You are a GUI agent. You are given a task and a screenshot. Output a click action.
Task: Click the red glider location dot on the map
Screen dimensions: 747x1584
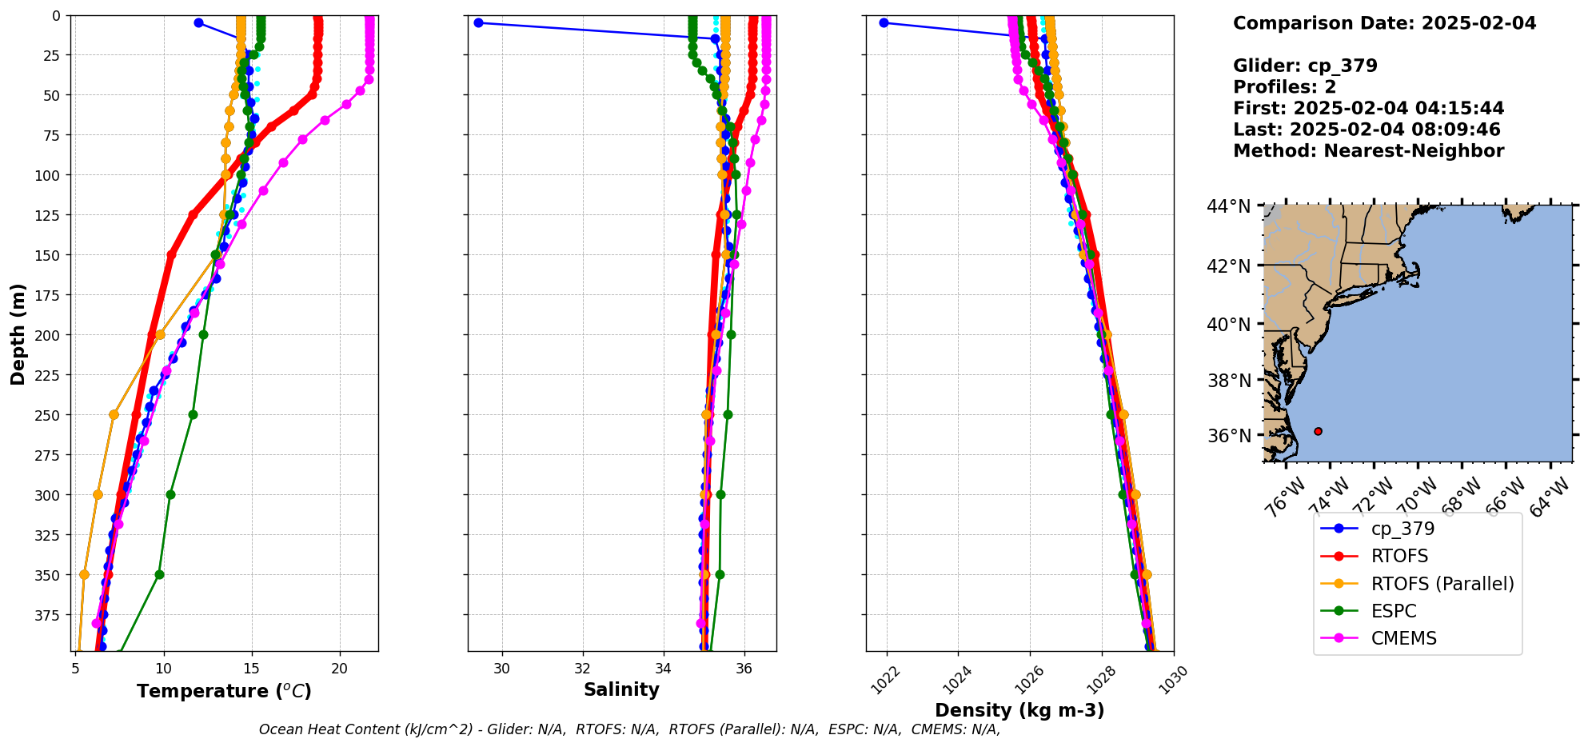pyautogui.click(x=1318, y=431)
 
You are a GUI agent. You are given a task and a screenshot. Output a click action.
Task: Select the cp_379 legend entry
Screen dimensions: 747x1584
pyautogui.click(x=1402, y=529)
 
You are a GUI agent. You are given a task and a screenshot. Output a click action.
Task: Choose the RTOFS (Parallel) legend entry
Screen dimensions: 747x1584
pyautogui.click(x=1442, y=584)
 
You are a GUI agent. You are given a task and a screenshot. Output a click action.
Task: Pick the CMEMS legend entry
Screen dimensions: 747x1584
pyautogui.click(x=1403, y=638)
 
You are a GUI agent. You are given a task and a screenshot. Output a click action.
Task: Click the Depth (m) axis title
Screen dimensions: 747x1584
pyautogui.click(x=18, y=334)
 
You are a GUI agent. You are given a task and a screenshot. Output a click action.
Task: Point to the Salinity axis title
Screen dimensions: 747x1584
pyautogui.click(x=621, y=689)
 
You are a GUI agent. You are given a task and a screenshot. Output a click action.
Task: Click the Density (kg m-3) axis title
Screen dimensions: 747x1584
pyautogui.click(x=1019, y=710)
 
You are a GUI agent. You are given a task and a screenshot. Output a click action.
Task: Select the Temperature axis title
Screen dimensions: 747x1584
pyautogui.click(x=224, y=691)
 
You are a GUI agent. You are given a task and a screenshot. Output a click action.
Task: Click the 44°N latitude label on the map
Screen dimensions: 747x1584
pyautogui.click(x=1228, y=206)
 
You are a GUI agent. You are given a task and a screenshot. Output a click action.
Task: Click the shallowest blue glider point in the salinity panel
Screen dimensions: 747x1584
pyautogui.click(x=478, y=22)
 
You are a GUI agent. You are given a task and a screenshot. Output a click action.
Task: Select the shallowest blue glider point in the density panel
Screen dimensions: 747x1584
pyautogui.click(x=884, y=22)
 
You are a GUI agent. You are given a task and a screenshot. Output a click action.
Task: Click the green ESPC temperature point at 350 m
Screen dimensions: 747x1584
pyautogui.click(x=159, y=574)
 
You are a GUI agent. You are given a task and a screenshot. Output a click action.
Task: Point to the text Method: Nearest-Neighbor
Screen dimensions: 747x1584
pyautogui.click(x=1368, y=150)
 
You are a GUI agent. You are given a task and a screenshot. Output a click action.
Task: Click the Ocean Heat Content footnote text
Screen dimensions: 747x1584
pyautogui.click(x=629, y=729)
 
